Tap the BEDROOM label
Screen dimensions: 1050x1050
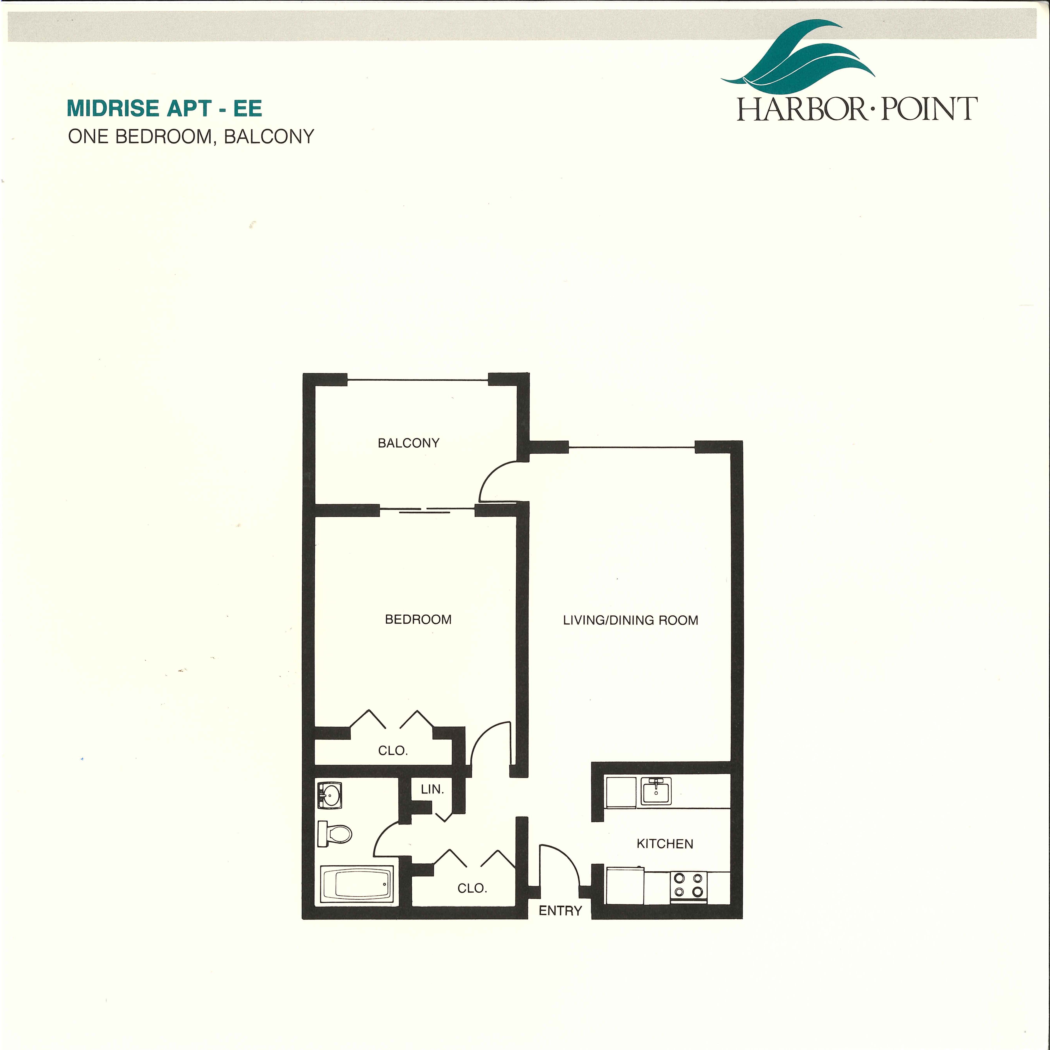[x=418, y=619]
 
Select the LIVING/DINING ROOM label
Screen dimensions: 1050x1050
[x=630, y=620]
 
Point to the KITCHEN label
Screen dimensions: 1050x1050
[x=665, y=844]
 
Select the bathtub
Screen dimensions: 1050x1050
[x=357, y=885]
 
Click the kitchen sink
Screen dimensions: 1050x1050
[x=656, y=791]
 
